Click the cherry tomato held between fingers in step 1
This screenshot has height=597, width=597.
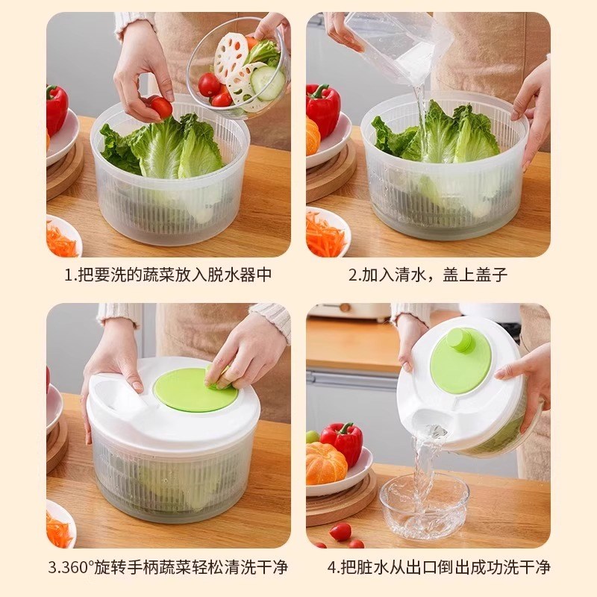tap(160, 107)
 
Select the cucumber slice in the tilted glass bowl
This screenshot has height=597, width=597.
tap(267, 82)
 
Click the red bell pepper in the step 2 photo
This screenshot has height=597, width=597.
tap(323, 108)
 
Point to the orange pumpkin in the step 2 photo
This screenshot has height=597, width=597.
tap(312, 136)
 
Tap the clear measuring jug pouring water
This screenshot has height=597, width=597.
tap(396, 41)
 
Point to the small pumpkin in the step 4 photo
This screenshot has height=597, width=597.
tap(325, 463)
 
